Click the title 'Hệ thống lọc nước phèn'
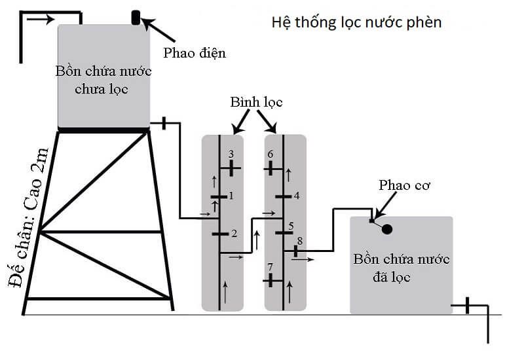[x=356, y=22]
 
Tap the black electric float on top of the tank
[x=136, y=17]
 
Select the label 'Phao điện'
[x=195, y=52]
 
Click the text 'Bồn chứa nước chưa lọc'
[x=105, y=79]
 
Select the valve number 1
[x=219, y=196]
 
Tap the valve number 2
[x=219, y=233]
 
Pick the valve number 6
[x=270, y=168]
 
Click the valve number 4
[x=283, y=196]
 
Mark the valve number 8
[x=296, y=250]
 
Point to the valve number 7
[x=270, y=280]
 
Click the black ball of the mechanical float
[x=387, y=229]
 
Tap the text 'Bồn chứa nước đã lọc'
[x=401, y=268]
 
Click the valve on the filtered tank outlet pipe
[x=467, y=304]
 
